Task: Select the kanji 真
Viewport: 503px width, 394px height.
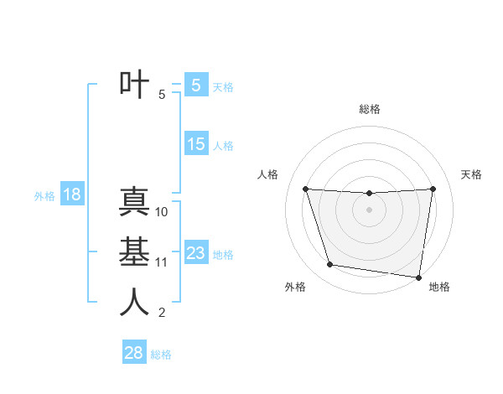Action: [x=134, y=203]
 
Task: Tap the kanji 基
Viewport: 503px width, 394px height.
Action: [x=134, y=252]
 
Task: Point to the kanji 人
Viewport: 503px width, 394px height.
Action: [x=134, y=303]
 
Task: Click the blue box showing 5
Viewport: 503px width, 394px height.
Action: [x=195, y=85]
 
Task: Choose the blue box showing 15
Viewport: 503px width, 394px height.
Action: [x=195, y=144]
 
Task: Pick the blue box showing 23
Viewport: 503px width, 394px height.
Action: [x=195, y=253]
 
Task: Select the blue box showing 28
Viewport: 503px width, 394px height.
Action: [x=133, y=353]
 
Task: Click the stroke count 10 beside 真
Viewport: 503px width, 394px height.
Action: [x=162, y=212]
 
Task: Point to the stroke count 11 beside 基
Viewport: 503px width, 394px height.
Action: [x=162, y=262]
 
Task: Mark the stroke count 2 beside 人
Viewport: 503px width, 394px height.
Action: [x=162, y=313]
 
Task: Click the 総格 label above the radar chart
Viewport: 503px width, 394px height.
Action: [x=370, y=109]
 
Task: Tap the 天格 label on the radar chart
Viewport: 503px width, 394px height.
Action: [x=472, y=174]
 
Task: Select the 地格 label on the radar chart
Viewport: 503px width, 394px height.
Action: [x=439, y=288]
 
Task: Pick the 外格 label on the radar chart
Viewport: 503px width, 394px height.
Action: [x=295, y=288]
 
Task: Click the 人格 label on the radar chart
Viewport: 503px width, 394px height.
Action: [x=267, y=174]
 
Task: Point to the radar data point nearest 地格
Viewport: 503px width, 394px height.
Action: [x=419, y=277]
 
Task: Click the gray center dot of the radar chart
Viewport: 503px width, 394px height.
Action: [x=369, y=210]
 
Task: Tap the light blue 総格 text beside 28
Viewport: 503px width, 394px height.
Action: [x=161, y=355]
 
